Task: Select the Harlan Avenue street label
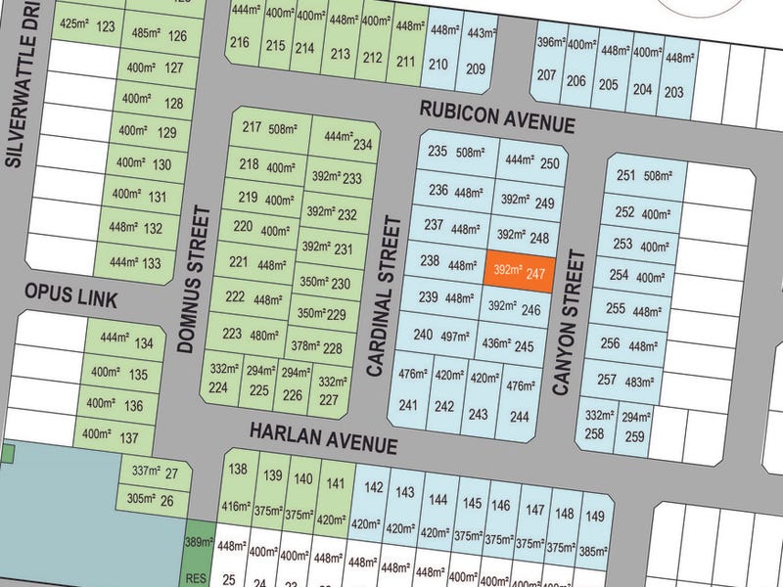click(x=323, y=437)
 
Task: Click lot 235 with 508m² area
click(x=456, y=152)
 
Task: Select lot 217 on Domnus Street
click(x=270, y=128)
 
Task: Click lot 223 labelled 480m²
click(x=245, y=334)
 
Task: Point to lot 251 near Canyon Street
click(x=644, y=176)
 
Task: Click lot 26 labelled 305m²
click(x=153, y=500)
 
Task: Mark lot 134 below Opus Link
click(x=124, y=342)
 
